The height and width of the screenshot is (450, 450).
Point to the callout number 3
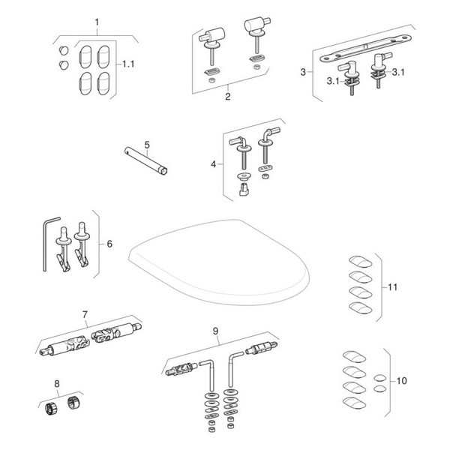[303, 72]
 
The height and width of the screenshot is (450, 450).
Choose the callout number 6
[109, 244]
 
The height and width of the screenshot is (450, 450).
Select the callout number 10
[402, 381]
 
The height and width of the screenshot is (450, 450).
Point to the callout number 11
[392, 286]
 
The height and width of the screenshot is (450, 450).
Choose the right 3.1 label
[397, 73]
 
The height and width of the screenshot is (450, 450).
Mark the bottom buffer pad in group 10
[352, 403]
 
